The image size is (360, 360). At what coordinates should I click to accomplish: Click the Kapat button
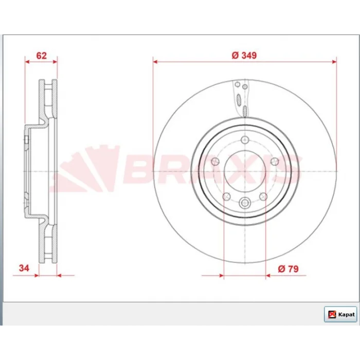340,314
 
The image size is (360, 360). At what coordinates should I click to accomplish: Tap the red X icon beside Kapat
332,314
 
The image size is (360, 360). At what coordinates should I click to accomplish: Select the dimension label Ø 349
244,56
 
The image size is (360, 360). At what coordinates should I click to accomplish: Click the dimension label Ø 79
288,268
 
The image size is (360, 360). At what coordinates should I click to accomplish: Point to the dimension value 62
41,56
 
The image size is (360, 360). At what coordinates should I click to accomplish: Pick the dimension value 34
24,268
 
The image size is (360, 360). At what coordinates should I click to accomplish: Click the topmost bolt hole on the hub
245,139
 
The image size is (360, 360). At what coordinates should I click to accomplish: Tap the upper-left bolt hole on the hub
215,161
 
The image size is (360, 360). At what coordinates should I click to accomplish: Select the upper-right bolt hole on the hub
275,161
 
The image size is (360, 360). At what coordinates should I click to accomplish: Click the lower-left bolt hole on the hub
227,196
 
